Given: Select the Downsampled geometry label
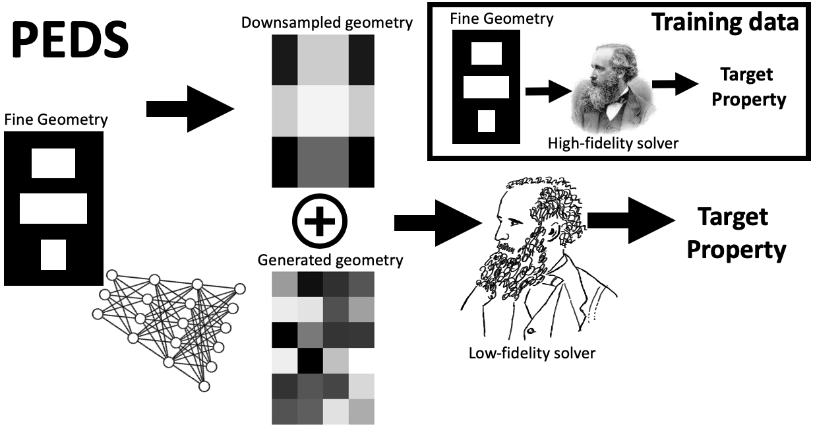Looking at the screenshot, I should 327,23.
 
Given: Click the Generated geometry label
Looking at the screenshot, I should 330,260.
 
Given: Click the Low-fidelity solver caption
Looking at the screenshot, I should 531,353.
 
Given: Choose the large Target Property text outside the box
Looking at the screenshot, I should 742,234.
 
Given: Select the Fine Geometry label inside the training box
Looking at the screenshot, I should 501,18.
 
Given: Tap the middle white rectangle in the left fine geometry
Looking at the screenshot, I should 53,208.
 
